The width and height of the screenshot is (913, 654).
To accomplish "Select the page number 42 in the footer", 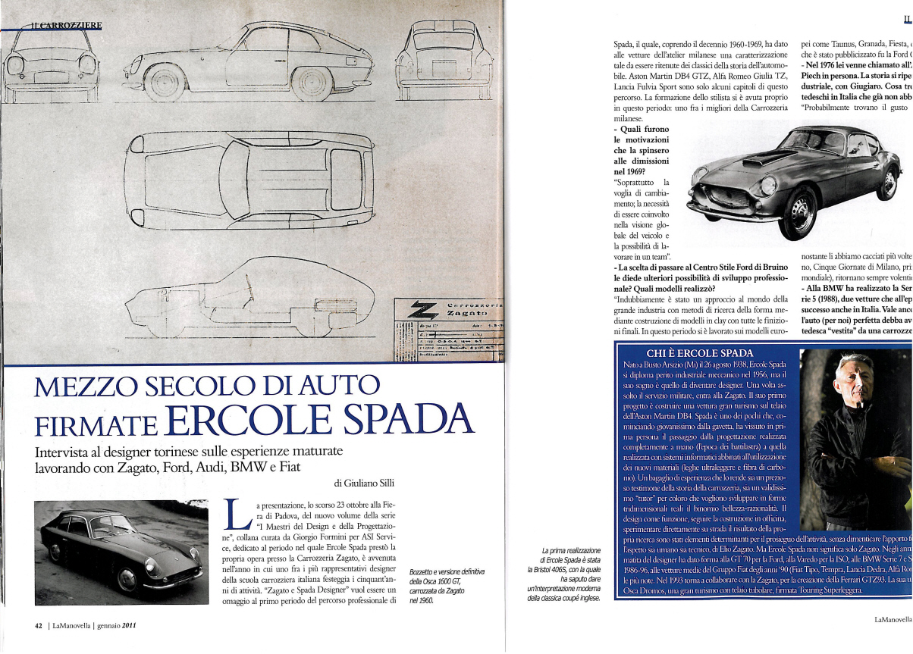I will coord(37,626).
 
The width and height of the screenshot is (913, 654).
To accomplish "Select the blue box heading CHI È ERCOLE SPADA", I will coord(698,353).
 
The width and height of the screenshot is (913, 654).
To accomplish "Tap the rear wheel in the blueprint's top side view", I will coord(312,81).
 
